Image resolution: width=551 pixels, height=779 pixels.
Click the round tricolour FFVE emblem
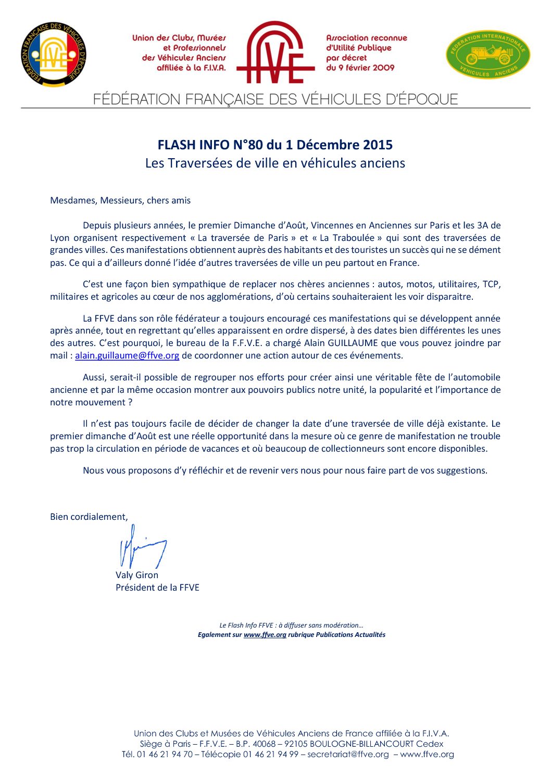[53, 54]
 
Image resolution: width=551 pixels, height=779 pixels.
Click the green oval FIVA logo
[488, 55]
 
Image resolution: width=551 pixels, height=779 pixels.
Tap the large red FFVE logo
[275, 53]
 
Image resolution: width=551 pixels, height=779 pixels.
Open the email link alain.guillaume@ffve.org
[127, 355]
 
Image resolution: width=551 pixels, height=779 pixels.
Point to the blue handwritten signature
[141, 547]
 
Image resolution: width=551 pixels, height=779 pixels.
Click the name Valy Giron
[137, 575]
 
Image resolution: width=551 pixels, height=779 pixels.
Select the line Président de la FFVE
[157, 588]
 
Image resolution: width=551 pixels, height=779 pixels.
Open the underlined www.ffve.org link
[265, 635]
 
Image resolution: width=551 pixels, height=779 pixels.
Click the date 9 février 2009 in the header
[360, 68]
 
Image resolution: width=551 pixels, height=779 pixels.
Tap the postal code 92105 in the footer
[295, 744]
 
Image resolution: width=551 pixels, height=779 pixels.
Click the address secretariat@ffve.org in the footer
[348, 755]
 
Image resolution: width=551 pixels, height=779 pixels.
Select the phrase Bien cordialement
[89, 517]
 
